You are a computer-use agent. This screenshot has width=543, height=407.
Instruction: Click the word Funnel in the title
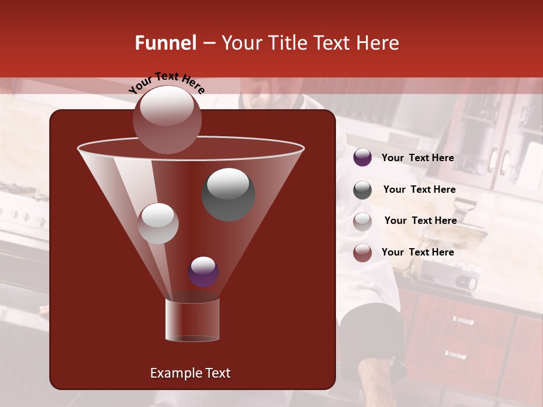[165, 43]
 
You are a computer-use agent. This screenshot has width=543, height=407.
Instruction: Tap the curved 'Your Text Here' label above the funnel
[167, 82]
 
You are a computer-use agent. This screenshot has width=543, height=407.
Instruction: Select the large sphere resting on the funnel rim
[167, 120]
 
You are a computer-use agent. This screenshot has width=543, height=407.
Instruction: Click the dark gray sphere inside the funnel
[229, 194]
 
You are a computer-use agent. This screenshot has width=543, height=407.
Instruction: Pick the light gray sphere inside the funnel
[158, 223]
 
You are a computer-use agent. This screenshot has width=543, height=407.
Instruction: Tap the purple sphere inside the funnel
[204, 272]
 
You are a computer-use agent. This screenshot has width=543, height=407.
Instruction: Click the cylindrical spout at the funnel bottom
[192, 321]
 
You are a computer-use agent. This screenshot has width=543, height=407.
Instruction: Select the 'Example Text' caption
[190, 373]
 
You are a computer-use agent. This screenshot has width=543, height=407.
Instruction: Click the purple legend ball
[363, 158]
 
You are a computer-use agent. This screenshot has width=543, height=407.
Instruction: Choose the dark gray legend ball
[363, 190]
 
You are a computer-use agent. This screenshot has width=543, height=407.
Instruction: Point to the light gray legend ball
[363, 221]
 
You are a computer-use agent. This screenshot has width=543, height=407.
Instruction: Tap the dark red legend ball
[363, 253]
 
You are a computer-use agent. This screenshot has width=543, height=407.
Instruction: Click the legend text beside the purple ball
[417, 158]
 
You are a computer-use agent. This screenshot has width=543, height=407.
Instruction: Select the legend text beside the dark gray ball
[419, 190]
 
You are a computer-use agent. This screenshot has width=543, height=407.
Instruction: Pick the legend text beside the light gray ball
[420, 221]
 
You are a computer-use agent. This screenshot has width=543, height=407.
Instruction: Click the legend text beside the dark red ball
[417, 253]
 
